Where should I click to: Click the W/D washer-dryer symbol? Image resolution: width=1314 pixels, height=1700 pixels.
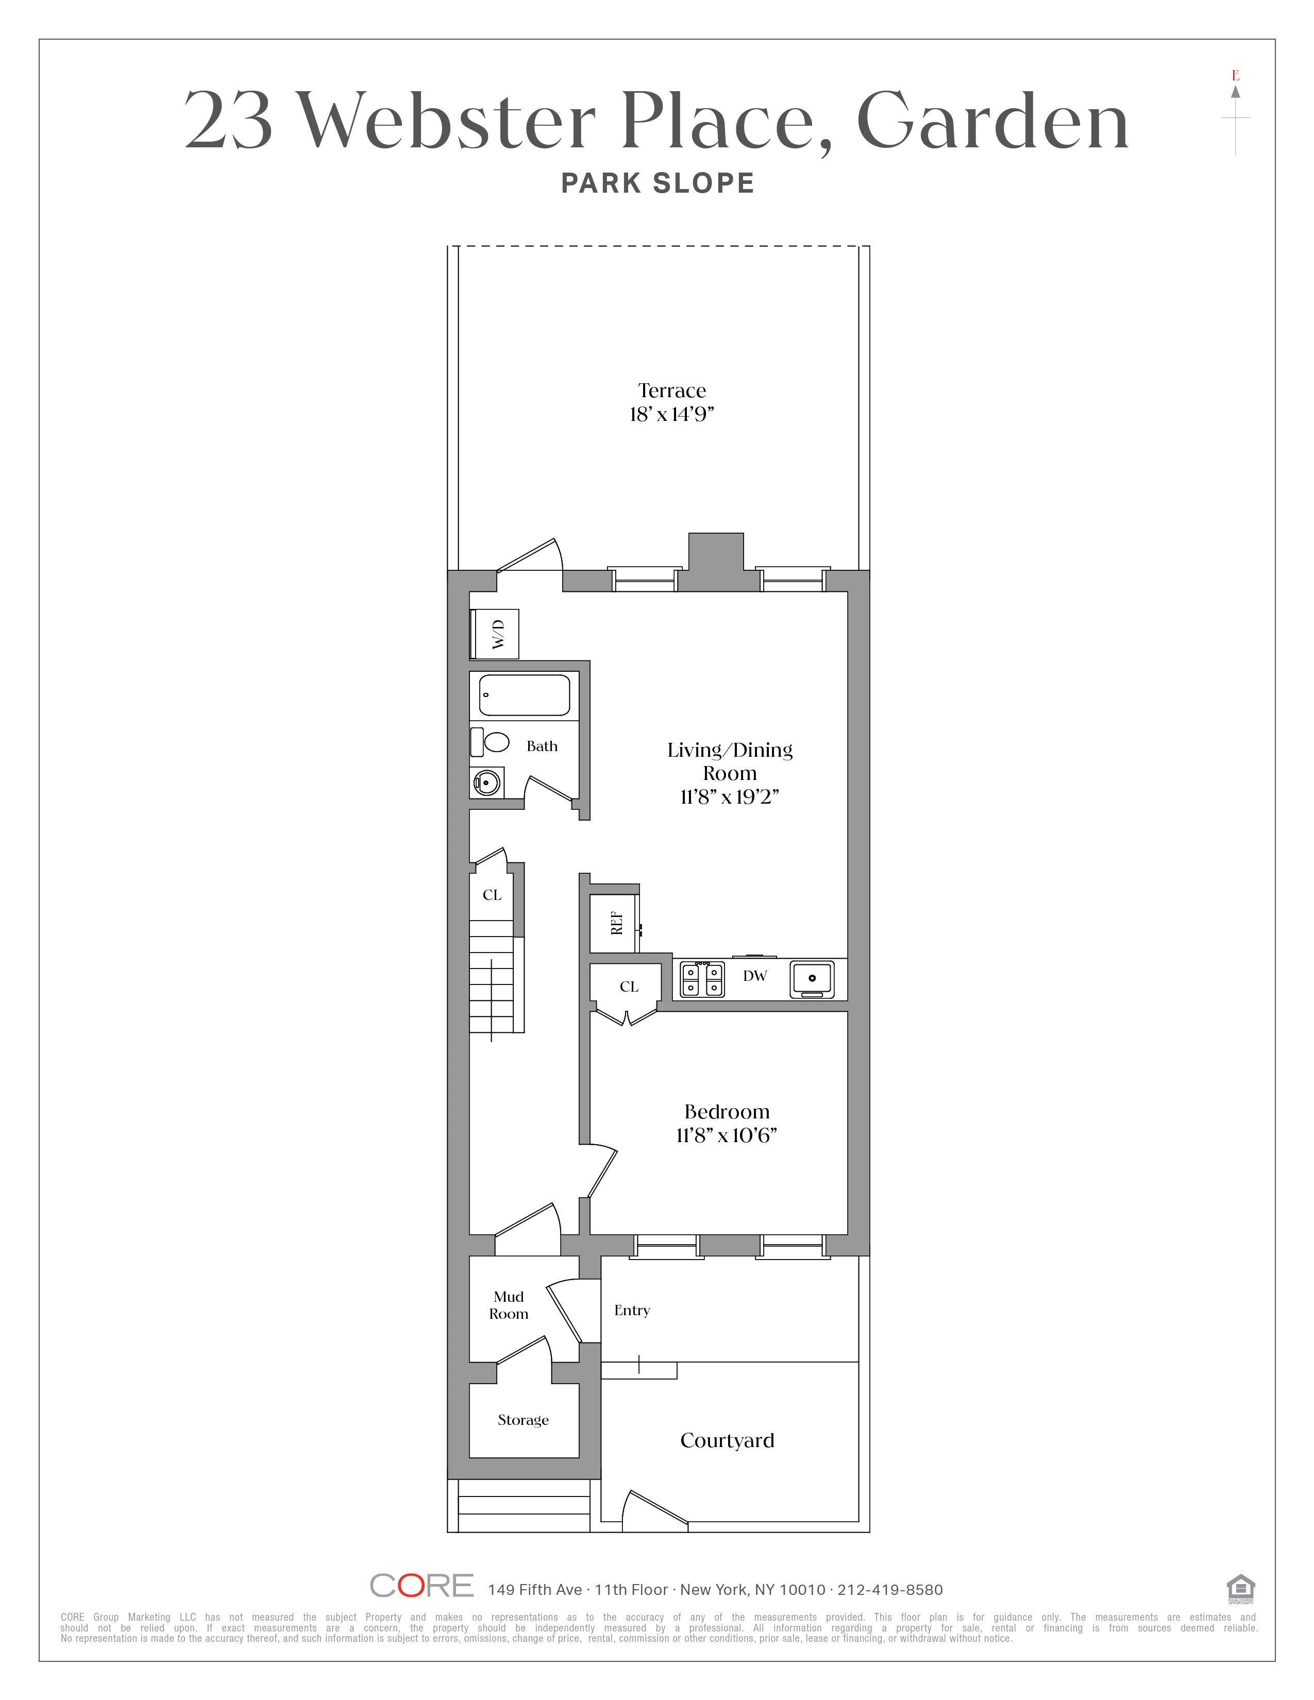[496, 634]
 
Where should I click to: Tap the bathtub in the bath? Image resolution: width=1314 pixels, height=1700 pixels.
[524, 694]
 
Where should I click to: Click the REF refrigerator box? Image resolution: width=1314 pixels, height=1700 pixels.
[615, 923]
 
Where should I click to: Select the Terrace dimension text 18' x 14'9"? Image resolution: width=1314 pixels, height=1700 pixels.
[672, 414]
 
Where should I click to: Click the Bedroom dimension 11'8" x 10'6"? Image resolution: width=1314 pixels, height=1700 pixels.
[726, 1136]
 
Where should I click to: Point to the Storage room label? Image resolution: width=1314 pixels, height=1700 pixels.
[523, 1420]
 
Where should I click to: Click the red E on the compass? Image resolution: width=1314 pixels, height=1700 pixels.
[1235, 76]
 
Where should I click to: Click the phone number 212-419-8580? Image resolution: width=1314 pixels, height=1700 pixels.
[890, 1589]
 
